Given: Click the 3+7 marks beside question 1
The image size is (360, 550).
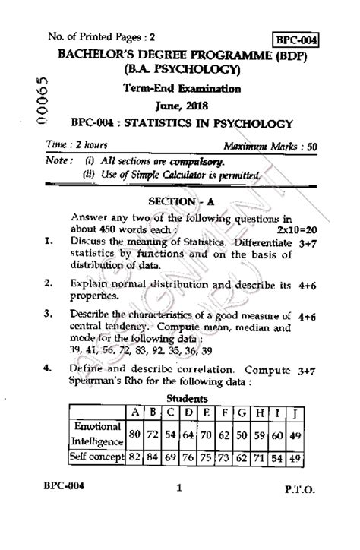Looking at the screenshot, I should coord(308,243).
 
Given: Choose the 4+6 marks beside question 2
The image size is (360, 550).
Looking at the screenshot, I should coord(308,284).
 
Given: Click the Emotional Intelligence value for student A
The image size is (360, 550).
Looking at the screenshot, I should coord(137,433).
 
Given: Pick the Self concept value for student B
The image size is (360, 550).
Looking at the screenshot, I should coord(154,458).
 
